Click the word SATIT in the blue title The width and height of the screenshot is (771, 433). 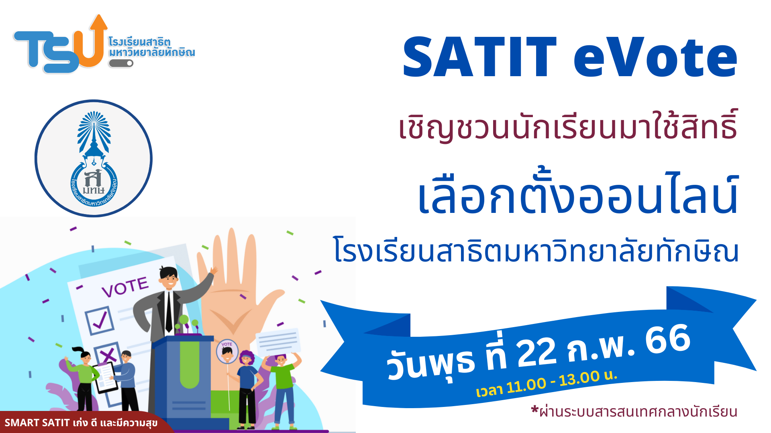point(480,57)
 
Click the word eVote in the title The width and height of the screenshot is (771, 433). point(655,57)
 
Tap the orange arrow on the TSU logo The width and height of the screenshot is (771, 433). point(95,42)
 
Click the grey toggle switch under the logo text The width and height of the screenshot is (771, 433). point(121,63)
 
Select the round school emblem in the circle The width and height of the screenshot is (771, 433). point(94,158)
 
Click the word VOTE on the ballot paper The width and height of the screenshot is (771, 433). point(125,287)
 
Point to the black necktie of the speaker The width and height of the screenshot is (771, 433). point(169,312)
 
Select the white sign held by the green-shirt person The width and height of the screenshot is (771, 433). point(278,341)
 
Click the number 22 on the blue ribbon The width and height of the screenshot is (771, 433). point(537,352)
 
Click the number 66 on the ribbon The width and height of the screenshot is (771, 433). point(667,339)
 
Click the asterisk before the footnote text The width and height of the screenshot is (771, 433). point(534,409)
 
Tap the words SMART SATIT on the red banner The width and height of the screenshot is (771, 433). point(37,423)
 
